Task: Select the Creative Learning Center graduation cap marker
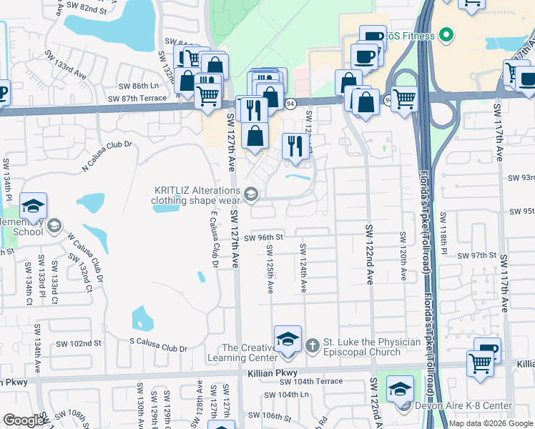click(288, 338)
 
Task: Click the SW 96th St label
click(264, 237)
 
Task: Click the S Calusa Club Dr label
click(158, 348)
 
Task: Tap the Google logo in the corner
click(24, 420)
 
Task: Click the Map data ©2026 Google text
click(491, 423)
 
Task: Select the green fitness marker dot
click(446, 34)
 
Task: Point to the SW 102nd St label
click(77, 343)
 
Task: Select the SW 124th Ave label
click(304, 269)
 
